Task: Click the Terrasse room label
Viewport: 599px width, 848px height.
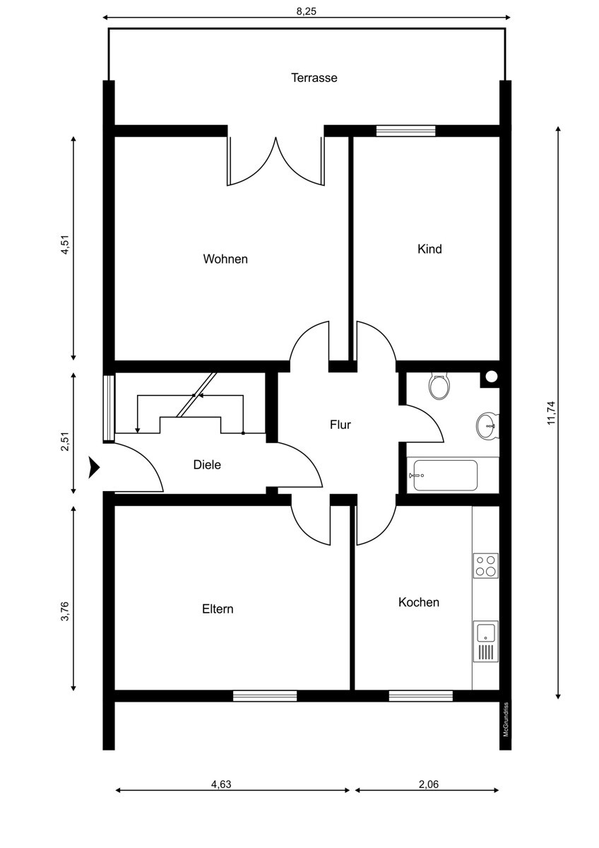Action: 314,78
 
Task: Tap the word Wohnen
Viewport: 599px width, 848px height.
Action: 225,259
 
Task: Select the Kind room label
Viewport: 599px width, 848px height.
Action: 429,249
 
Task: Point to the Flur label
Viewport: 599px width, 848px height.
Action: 340,425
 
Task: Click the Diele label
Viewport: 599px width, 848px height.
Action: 207,464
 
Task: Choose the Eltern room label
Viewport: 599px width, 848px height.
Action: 218,608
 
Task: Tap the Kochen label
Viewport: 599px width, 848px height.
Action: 418,602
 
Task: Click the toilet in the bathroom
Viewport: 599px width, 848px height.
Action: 439,386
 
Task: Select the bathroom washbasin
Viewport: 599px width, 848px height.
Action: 487,426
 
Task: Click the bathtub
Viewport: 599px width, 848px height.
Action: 453,475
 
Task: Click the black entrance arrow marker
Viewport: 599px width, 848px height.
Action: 94,468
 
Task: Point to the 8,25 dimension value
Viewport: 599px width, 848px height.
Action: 306,11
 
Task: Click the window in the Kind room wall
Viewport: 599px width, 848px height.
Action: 405,131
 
